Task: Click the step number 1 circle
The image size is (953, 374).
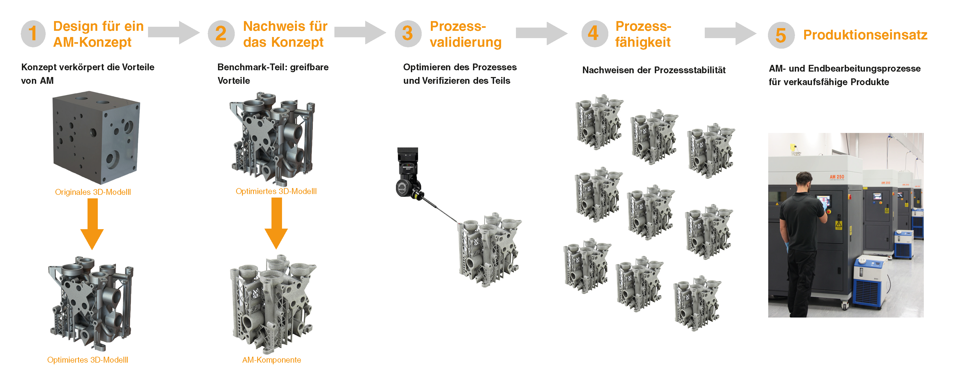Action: click(33, 34)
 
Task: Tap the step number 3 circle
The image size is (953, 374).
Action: click(408, 34)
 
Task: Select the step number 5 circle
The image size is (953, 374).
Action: click(781, 35)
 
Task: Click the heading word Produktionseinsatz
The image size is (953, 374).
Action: click(865, 35)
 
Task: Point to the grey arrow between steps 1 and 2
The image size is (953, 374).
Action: click(173, 33)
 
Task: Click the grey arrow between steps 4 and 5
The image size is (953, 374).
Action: click(730, 33)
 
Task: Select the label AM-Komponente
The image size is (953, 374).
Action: click(271, 360)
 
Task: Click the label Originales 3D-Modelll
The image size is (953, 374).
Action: click(93, 192)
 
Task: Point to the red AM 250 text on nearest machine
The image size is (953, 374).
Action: click(837, 177)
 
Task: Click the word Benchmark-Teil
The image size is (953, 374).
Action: click(251, 67)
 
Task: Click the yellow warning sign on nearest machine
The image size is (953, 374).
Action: click(839, 224)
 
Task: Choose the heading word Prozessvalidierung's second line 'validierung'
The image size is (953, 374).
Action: click(465, 42)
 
